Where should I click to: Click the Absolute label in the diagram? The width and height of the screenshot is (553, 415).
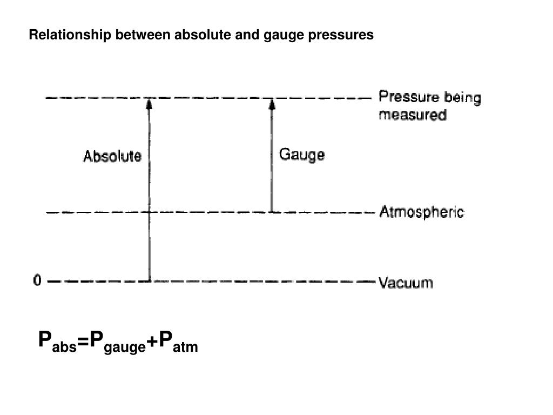tap(112, 157)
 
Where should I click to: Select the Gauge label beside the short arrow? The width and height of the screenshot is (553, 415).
tap(301, 155)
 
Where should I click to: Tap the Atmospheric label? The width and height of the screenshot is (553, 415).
tap(421, 212)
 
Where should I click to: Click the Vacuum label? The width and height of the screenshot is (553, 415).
tap(406, 283)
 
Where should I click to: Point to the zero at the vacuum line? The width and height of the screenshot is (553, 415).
tap(37, 281)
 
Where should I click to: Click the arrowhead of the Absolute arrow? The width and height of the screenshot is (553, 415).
tap(149, 103)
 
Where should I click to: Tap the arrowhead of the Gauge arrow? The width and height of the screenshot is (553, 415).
tap(272, 103)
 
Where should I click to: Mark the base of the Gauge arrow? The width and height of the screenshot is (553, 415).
tap(272, 211)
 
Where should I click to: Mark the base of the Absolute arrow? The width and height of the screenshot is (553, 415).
tap(149, 280)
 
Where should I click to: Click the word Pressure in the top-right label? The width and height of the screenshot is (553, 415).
tap(409, 98)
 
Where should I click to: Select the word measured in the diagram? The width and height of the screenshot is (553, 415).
tap(413, 115)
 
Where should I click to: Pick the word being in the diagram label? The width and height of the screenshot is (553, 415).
tap(462, 98)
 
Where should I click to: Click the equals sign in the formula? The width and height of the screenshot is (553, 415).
tap(83, 342)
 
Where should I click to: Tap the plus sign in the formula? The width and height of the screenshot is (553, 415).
tap(152, 342)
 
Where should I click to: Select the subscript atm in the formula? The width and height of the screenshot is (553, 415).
tap(186, 349)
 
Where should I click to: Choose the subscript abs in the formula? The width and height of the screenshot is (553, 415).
tap(64, 349)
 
